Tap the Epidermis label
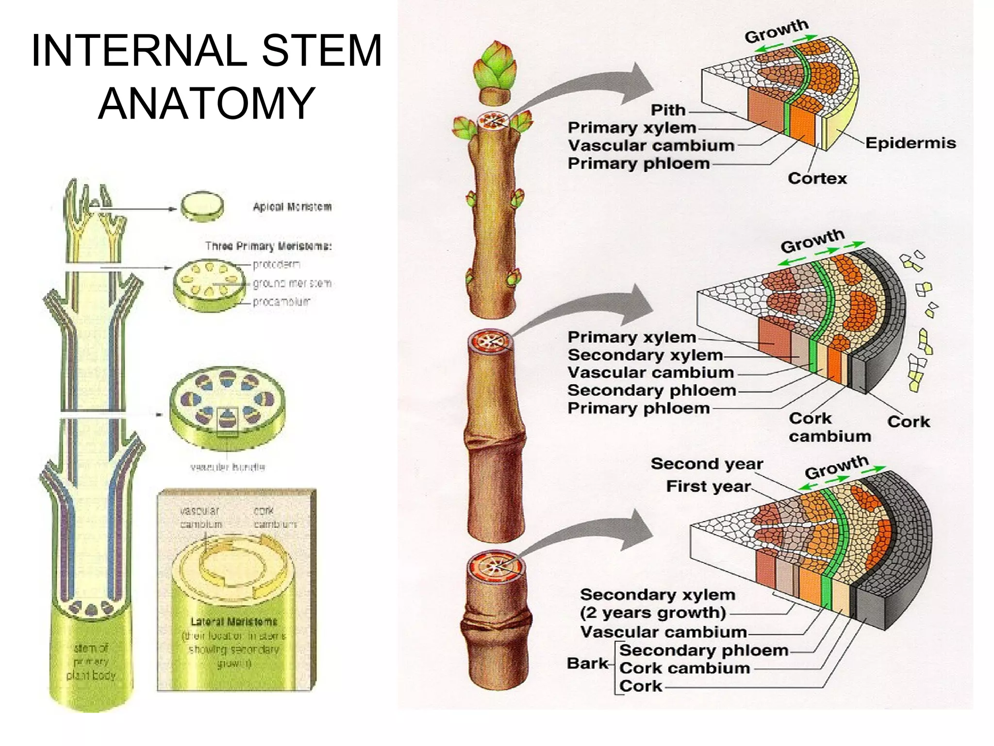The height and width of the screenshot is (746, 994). click(910, 143)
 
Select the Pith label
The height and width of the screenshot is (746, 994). click(668, 110)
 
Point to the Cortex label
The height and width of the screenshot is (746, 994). click(817, 178)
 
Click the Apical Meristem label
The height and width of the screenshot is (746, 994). click(292, 207)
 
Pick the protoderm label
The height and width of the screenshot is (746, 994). click(276, 265)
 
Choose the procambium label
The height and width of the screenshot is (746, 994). click(281, 302)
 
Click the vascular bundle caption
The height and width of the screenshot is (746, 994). click(228, 467)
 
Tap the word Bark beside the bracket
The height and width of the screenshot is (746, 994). click(587, 663)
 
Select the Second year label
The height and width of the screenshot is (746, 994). click(707, 464)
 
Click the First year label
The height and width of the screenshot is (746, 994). click(708, 486)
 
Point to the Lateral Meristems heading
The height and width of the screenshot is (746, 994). click(234, 622)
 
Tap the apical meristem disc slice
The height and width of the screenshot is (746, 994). click(202, 206)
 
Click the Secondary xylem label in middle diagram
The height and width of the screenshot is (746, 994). click(645, 355)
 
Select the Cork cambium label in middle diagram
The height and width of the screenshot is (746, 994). click(829, 427)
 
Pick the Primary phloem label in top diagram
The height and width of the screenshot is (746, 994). click(638, 164)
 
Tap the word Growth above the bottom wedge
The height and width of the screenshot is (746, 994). click(836, 467)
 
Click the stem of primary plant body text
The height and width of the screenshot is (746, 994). click(91, 661)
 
